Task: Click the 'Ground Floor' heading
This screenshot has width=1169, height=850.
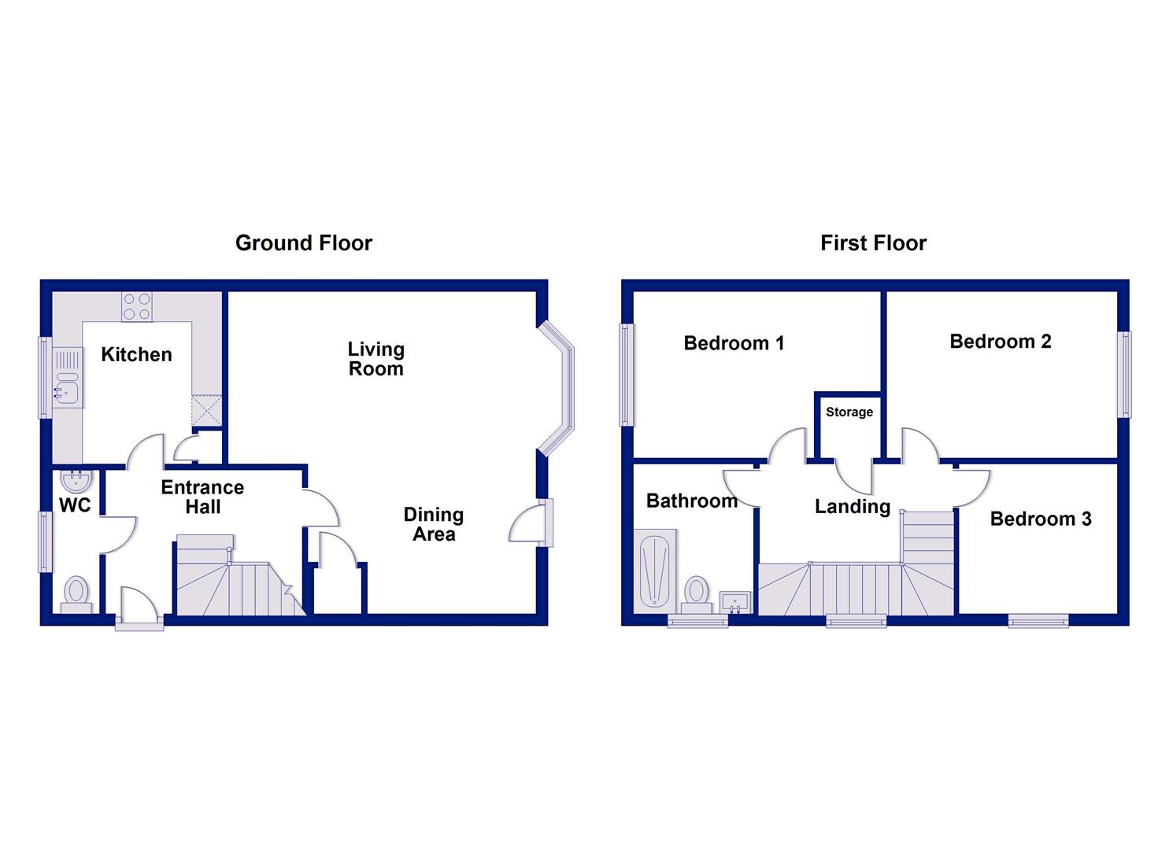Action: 303,243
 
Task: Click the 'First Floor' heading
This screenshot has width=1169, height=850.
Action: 873,243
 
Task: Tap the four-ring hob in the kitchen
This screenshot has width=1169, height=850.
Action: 137,307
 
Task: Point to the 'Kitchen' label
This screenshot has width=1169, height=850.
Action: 136,355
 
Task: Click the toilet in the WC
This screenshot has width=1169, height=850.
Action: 76,591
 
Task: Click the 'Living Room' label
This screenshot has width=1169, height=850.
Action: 376,359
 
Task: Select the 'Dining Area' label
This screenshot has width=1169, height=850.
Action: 434,524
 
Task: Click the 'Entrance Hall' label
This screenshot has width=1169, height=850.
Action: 202,497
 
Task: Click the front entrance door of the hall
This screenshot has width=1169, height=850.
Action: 139,610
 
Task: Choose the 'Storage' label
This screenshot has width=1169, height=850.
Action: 849,412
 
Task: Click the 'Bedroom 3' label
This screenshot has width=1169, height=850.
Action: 1040,519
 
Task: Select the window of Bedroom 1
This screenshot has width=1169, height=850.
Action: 627,375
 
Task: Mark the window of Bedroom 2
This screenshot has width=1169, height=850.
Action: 1126,374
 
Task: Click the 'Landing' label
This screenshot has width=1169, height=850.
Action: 852,507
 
